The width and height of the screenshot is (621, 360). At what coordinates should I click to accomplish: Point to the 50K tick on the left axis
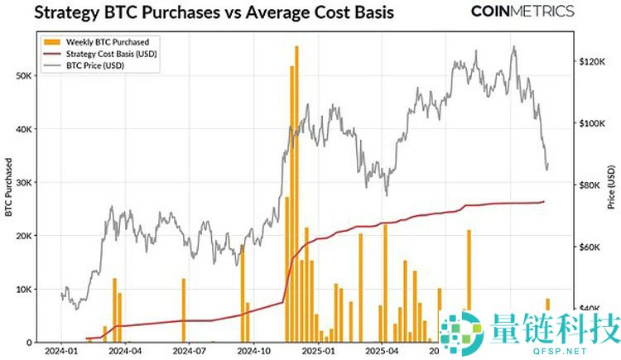[24, 75]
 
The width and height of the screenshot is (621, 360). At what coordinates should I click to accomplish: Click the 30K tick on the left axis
[24, 182]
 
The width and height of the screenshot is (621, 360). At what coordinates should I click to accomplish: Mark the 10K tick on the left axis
[24, 289]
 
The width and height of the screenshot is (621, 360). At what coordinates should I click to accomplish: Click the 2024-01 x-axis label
[60, 351]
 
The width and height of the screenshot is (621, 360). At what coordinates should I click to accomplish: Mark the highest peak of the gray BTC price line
[514, 47]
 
